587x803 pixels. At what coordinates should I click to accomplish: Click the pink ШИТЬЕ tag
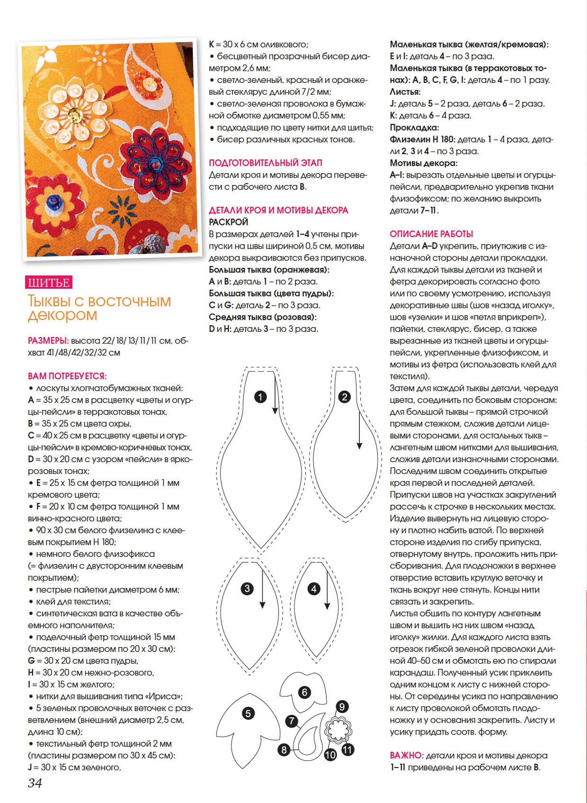pyautogui.click(x=49, y=283)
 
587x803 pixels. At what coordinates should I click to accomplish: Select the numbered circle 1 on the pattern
pyautogui.click(x=260, y=397)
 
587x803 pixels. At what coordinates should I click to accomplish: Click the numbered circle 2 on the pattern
pyautogui.click(x=344, y=396)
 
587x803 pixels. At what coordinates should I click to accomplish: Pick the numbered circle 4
pyautogui.click(x=314, y=589)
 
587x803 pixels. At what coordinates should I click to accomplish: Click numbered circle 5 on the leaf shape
pyautogui.click(x=248, y=713)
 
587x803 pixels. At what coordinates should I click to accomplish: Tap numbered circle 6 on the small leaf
pyautogui.click(x=305, y=692)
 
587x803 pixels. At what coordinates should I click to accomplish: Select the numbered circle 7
pyautogui.click(x=292, y=721)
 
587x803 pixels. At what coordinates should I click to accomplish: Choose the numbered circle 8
pyautogui.click(x=283, y=750)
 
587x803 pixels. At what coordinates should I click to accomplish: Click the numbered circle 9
pyautogui.click(x=342, y=706)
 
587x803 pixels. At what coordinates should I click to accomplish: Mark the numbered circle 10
pyautogui.click(x=330, y=754)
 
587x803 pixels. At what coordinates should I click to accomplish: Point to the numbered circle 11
pyautogui.click(x=347, y=750)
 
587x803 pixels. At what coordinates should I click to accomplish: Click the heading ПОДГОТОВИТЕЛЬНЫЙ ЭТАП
pyautogui.click(x=266, y=163)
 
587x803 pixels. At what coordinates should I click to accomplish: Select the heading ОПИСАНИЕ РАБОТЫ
pyautogui.click(x=431, y=234)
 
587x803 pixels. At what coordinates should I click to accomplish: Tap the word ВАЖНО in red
pyautogui.click(x=406, y=755)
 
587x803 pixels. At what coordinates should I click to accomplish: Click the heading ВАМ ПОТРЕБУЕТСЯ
pyautogui.click(x=67, y=376)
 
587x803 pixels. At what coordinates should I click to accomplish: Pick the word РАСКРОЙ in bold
pyautogui.click(x=229, y=222)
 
